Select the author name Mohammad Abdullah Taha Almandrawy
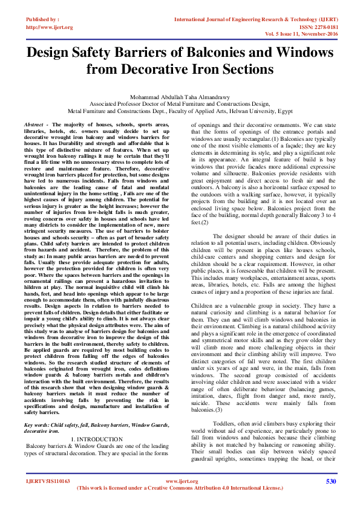[180, 96]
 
